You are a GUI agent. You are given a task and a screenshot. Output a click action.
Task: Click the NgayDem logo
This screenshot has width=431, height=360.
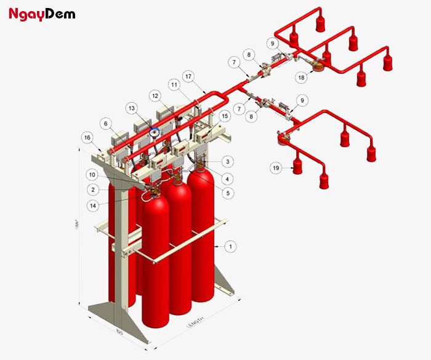[x=42, y=13]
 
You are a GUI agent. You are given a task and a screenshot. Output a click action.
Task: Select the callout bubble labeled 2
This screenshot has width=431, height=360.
[x=93, y=190]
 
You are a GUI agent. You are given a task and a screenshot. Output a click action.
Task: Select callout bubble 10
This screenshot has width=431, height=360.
[x=93, y=174]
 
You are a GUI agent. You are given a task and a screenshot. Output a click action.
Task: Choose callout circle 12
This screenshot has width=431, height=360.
[x=155, y=96]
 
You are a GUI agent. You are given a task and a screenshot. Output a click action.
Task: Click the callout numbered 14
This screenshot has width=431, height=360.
[x=93, y=205]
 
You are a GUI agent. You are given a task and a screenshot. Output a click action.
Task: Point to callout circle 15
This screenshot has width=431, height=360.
[x=225, y=115]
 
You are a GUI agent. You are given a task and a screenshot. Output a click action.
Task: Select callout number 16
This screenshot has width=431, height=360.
[x=88, y=137]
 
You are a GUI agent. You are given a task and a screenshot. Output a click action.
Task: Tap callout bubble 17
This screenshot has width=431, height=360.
[x=188, y=77]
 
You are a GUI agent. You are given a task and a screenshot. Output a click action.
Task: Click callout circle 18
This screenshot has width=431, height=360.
[x=301, y=78]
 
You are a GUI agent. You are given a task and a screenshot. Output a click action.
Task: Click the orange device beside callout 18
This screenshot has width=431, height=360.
[x=318, y=65]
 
